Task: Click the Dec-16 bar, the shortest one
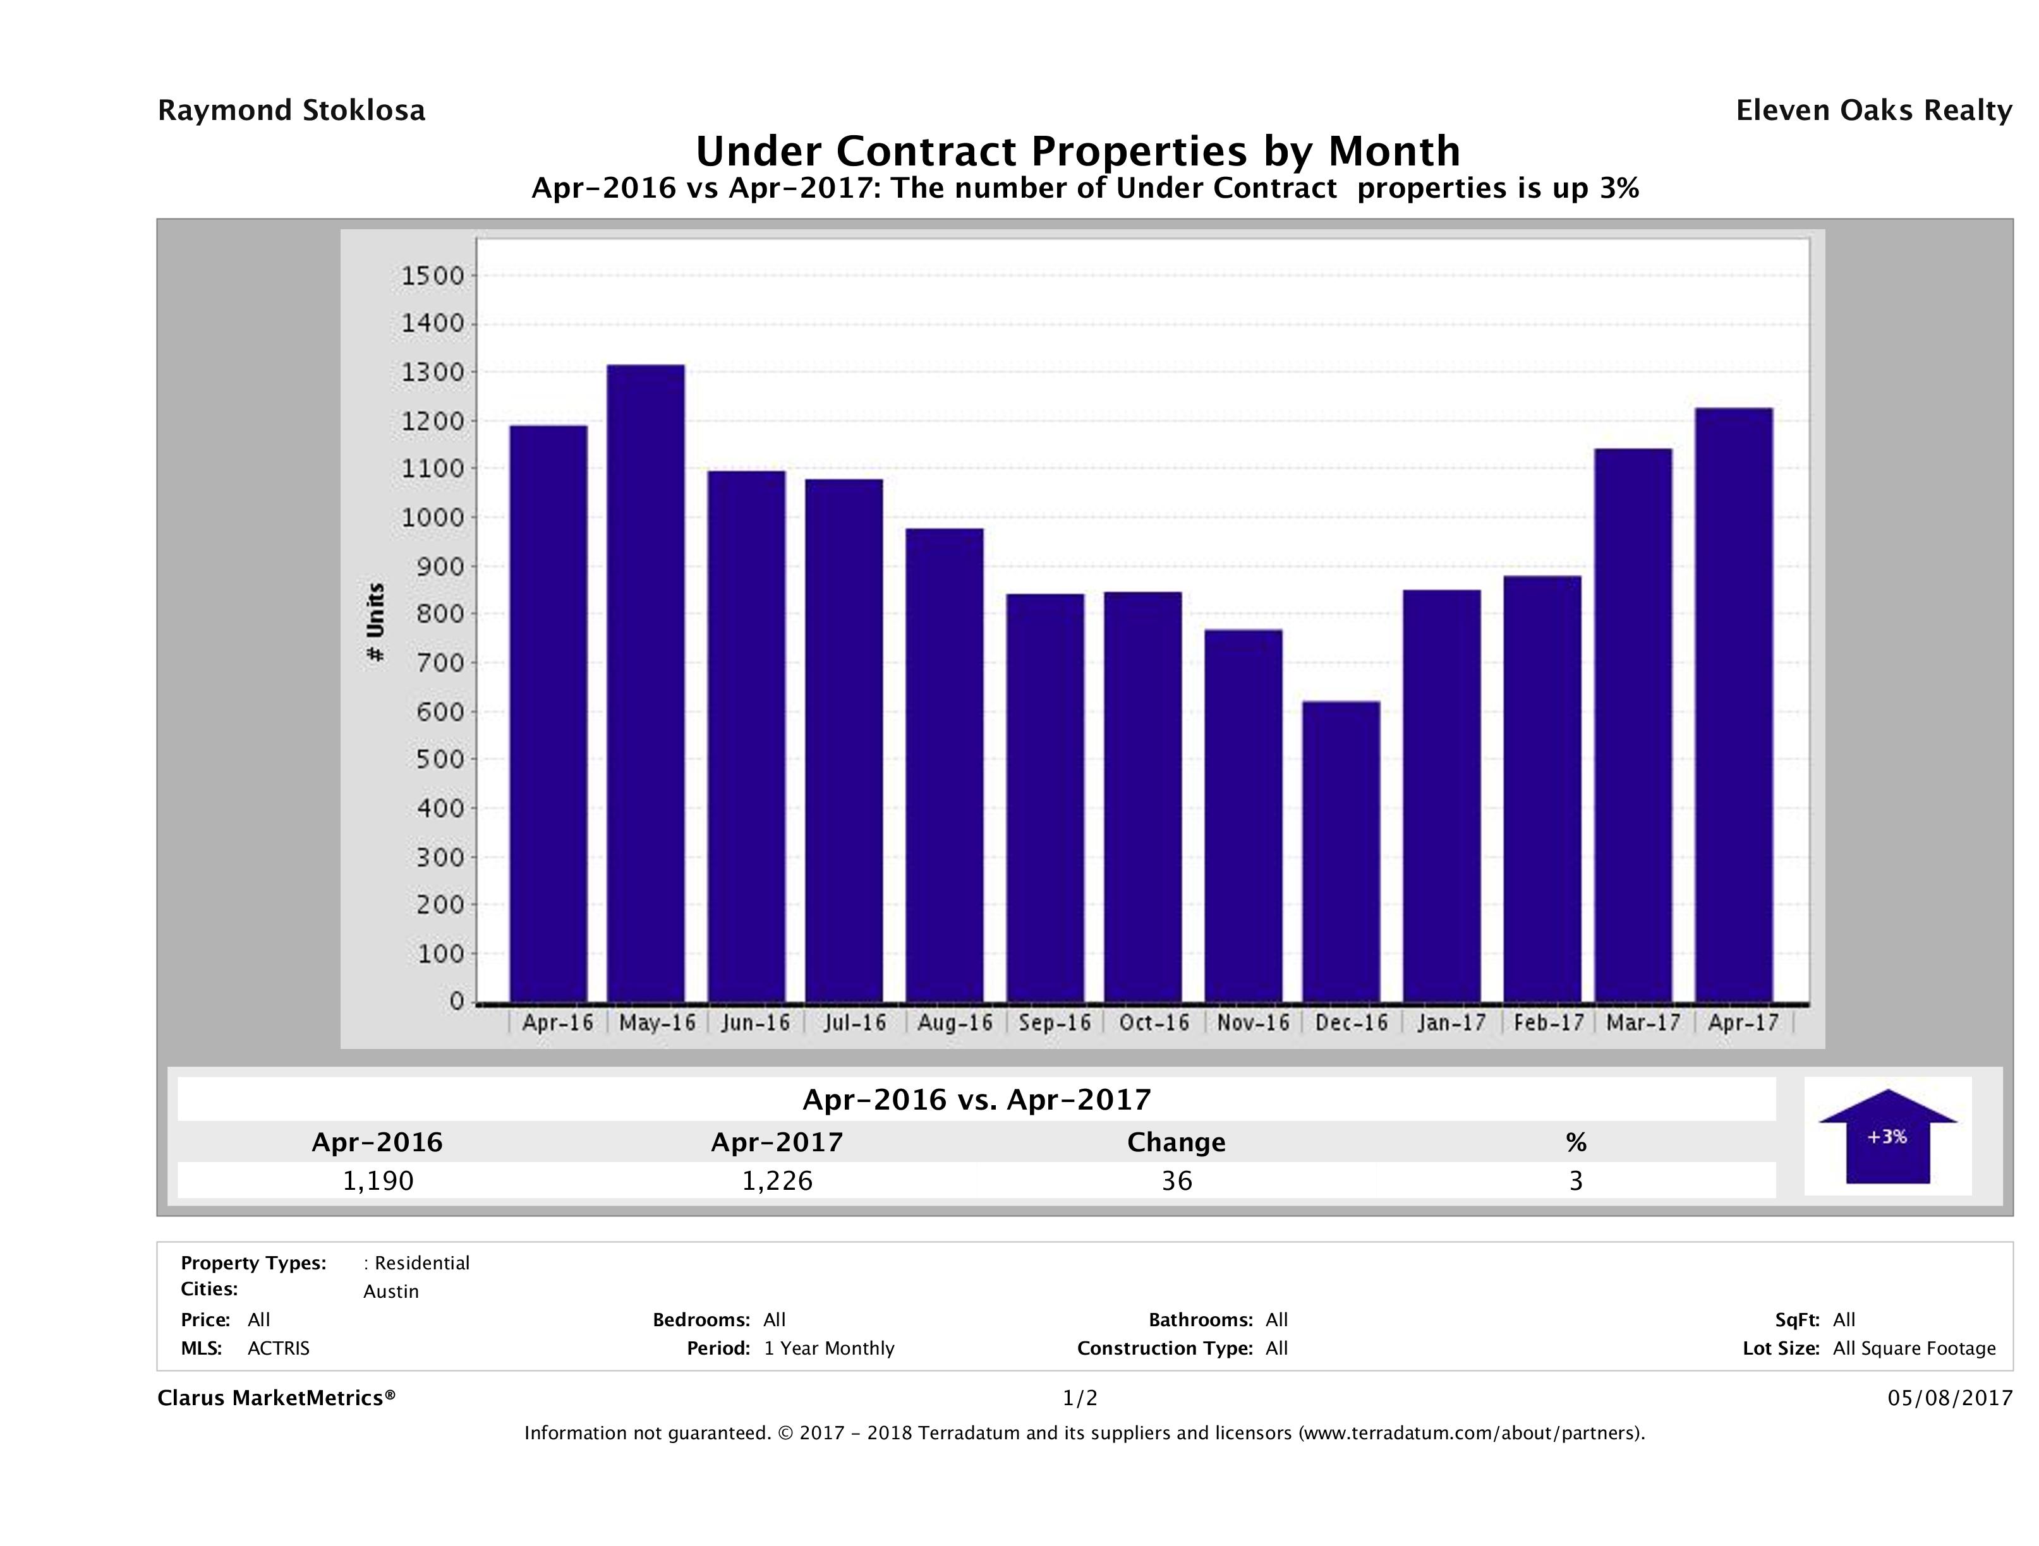coord(1341,851)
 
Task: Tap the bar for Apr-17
coord(1733,705)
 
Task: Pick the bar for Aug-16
coord(944,765)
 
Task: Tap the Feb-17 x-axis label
coord(1549,1022)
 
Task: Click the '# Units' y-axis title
coord(375,622)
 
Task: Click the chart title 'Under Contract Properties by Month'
coord(1077,151)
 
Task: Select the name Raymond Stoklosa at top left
coord(291,111)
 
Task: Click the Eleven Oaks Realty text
coord(1873,111)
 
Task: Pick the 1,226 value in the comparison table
coord(777,1181)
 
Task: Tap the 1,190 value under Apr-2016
coord(378,1181)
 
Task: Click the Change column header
coord(1177,1142)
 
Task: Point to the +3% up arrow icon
coord(1887,1136)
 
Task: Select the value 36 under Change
coord(1177,1181)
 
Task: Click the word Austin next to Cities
coord(391,1291)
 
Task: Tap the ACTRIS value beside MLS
coord(279,1349)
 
